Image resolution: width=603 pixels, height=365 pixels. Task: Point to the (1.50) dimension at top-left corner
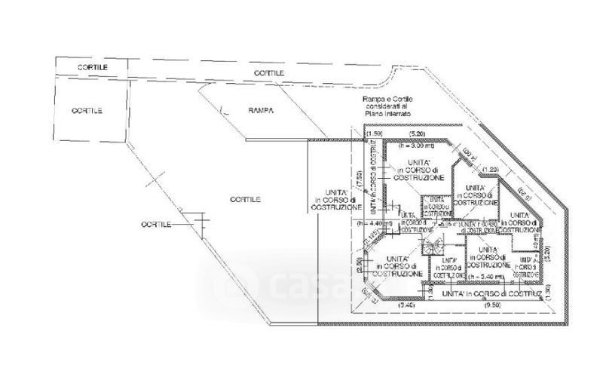click(369, 133)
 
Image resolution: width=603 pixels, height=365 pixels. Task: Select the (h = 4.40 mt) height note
click(377, 223)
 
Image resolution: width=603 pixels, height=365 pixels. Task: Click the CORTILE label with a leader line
click(156, 225)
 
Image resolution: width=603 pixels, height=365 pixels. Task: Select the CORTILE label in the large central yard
click(246, 199)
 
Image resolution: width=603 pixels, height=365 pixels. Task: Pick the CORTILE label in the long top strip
click(269, 72)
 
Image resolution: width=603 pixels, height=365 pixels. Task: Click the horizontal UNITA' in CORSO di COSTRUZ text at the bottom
click(491, 293)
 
